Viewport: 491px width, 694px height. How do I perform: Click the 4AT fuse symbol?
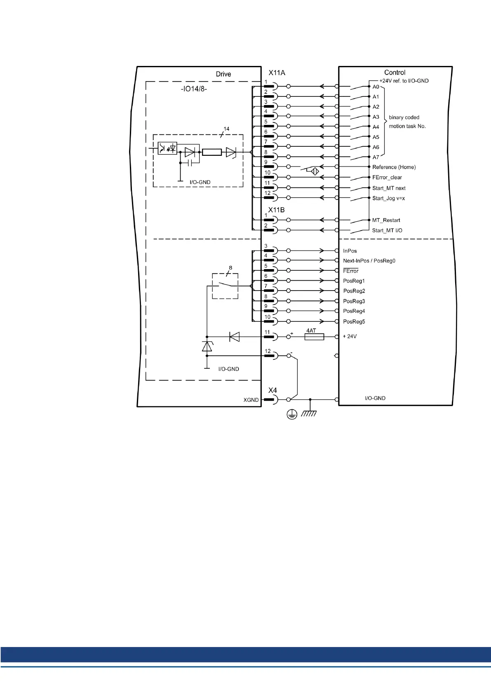[x=314, y=337]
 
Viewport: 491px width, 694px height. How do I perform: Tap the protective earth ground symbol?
[x=292, y=414]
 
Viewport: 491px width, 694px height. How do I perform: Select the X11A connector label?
[x=277, y=73]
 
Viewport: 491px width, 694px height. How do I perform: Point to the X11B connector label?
[x=276, y=210]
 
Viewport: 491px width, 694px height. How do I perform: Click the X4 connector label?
[x=273, y=390]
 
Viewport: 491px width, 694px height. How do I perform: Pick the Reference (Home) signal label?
[x=394, y=167]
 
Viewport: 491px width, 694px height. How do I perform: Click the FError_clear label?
[x=387, y=178]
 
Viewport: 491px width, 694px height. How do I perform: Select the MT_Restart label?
[x=386, y=220]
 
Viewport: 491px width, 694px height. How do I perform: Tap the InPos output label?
[x=350, y=251]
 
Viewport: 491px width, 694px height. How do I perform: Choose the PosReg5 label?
[x=354, y=322]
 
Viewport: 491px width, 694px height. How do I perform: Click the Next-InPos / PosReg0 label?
[x=369, y=261]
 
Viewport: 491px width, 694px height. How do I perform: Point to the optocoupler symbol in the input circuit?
[x=167, y=148]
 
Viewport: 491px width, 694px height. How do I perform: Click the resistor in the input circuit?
[x=211, y=152]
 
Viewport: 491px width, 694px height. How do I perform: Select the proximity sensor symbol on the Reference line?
[x=315, y=171]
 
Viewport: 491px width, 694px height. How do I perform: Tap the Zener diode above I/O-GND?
[x=207, y=346]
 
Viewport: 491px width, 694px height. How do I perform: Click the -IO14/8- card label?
[x=194, y=89]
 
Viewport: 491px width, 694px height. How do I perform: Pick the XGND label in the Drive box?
[x=251, y=400]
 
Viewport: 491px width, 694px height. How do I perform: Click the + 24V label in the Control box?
[x=350, y=337]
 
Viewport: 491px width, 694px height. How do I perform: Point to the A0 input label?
[x=376, y=87]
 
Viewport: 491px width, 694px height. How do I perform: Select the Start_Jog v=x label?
[x=388, y=199]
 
